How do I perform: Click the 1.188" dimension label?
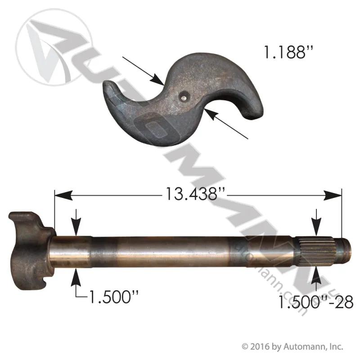[x=288, y=52]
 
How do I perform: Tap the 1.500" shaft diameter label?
[x=114, y=297]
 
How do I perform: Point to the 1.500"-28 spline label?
[x=316, y=302]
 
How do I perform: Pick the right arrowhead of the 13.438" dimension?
[x=333, y=196]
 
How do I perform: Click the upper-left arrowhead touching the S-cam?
[x=157, y=80]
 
